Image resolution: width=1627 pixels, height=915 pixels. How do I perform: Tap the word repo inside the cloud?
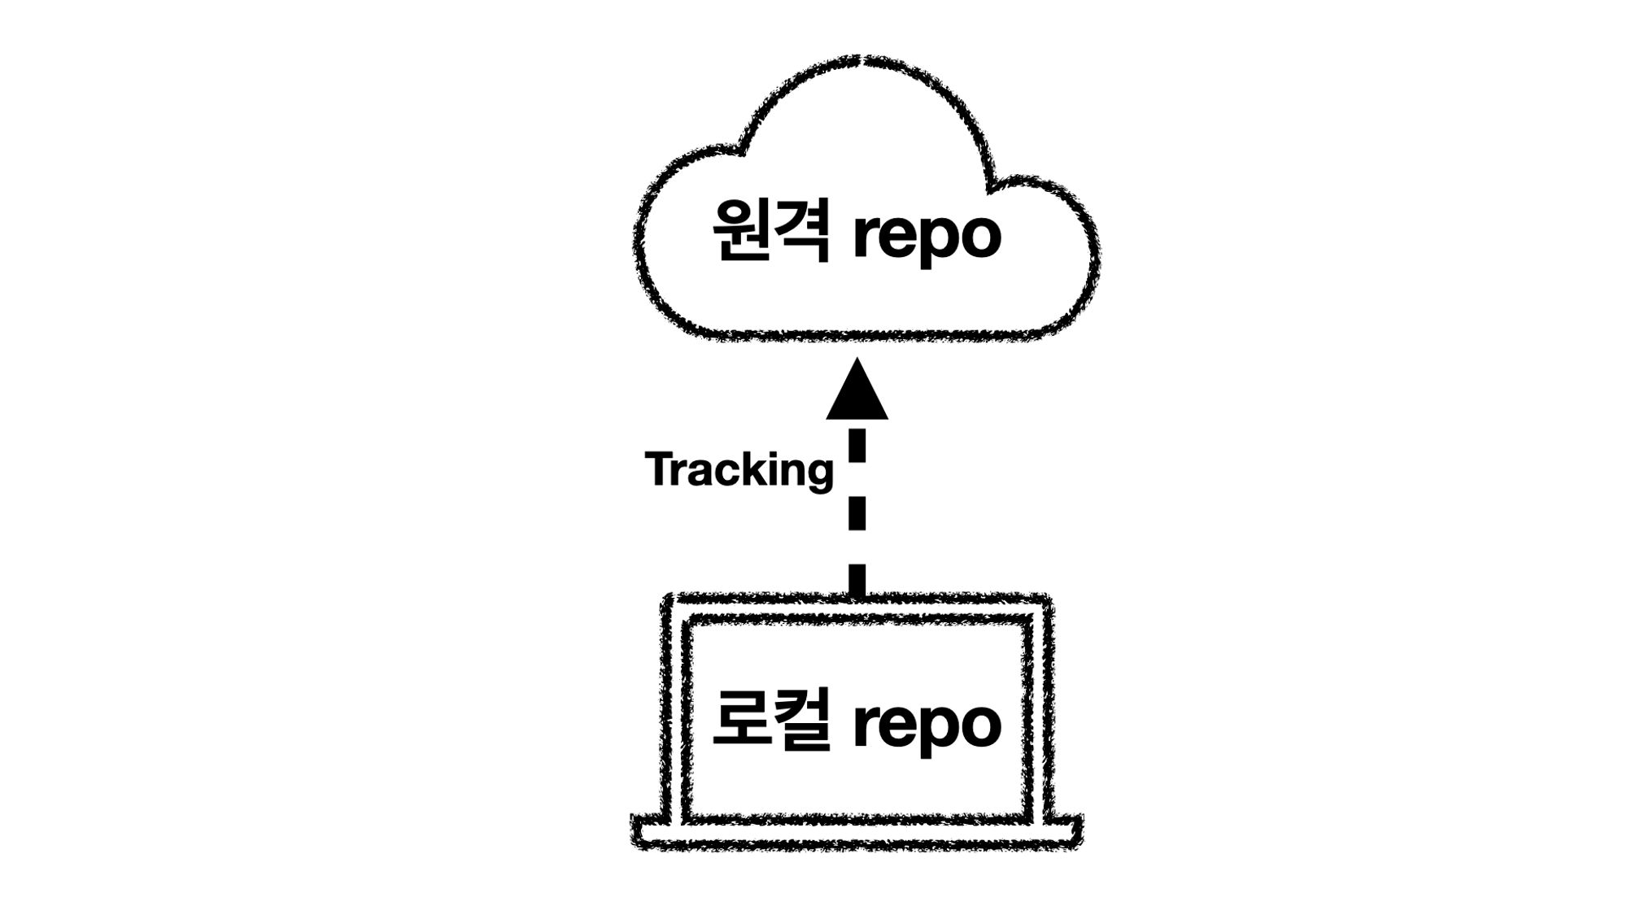(927, 236)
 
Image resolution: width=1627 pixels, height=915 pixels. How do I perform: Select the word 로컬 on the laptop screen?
(771, 719)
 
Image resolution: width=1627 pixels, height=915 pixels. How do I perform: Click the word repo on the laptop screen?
(927, 725)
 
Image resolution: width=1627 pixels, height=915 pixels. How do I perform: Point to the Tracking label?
(739, 470)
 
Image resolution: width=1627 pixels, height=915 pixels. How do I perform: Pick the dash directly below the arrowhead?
(857, 445)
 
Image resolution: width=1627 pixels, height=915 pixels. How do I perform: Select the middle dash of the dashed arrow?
(857, 513)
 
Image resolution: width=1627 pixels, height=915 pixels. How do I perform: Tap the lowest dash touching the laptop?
(857, 580)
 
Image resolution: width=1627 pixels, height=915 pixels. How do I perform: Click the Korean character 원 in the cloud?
(741, 231)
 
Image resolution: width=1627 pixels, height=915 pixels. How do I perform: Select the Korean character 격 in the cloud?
(802, 231)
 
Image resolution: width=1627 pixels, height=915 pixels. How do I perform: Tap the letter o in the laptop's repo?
(978, 725)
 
